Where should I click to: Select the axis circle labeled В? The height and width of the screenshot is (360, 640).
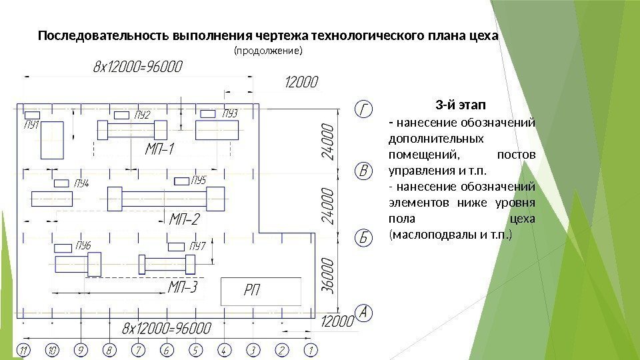coord(361,172)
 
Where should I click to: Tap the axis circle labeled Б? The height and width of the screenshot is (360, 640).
coord(361,237)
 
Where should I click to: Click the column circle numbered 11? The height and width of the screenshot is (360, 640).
coord(24,349)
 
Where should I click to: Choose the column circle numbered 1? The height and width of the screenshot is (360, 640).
coord(310,349)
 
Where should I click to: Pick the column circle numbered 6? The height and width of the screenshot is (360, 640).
coord(167,349)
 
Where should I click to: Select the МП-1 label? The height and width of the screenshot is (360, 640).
coord(159,149)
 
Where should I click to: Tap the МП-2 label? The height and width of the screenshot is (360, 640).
coord(185,218)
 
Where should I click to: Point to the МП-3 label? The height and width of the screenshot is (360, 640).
coord(183,287)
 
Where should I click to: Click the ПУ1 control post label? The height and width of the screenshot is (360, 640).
coord(31,124)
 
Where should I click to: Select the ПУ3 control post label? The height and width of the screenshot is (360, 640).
coord(229,113)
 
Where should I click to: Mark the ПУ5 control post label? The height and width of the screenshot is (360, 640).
coord(199,180)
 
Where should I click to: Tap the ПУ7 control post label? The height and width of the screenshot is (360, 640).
coord(197,247)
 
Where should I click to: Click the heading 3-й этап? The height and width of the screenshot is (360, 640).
coord(460,105)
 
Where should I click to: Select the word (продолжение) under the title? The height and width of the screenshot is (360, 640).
coord(267,51)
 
